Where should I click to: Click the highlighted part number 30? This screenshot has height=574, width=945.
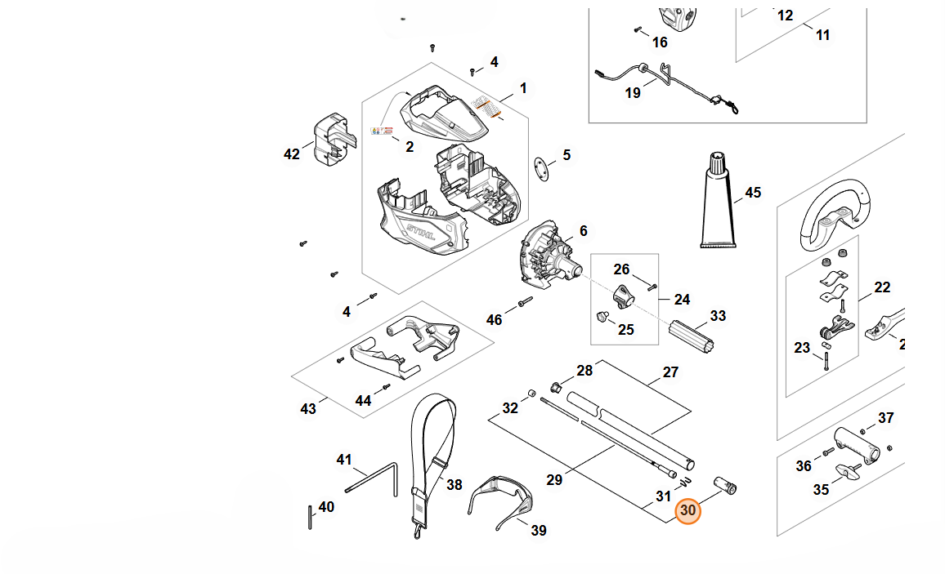688,510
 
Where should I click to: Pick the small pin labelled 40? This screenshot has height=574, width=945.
310,517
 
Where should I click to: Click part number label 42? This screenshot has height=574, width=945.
292,154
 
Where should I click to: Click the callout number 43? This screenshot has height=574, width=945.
308,408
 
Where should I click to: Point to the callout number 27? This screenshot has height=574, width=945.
670,372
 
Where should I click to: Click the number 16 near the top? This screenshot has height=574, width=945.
660,42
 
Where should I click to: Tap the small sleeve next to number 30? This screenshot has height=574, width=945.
725,485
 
